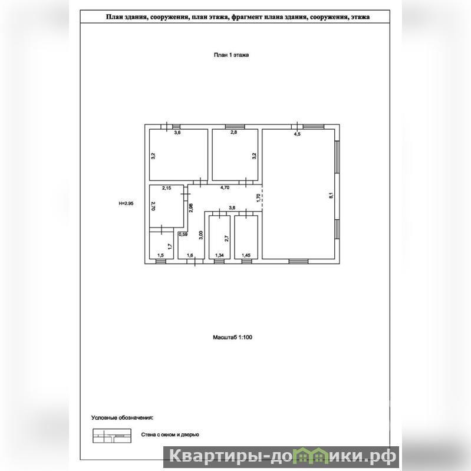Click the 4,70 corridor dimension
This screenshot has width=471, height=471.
tap(225, 187)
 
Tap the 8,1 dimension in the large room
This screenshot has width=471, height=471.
tap(331, 195)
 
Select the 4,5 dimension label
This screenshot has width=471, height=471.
tap(297, 134)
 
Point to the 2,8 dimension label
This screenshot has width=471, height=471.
tap(233, 132)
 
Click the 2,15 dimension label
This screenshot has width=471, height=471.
tap(166, 188)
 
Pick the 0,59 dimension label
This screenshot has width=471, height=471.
tap(183, 234)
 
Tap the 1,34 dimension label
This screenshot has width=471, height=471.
tap(219, 255)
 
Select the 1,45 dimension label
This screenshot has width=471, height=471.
tap(246, 255)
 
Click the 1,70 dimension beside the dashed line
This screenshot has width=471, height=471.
tap(258, 198)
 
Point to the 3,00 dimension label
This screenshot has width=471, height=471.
tap(201, 235)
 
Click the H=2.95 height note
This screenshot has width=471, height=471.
tap(126, 203)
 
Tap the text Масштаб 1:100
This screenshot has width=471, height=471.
tap(232, 337)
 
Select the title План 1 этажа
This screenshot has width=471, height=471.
tap(231, 55)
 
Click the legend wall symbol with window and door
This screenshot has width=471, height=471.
tap(112, 436)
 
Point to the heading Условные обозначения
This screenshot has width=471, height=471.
tap(122, 418)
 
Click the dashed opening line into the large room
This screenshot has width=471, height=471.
tap(262, 197)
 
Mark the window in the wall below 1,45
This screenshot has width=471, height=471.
tap(246, 261)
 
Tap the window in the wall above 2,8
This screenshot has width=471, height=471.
tap(235, 127)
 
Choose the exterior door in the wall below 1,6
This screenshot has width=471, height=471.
tap(195, 261)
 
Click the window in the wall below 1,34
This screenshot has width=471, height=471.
tap(219, 261)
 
